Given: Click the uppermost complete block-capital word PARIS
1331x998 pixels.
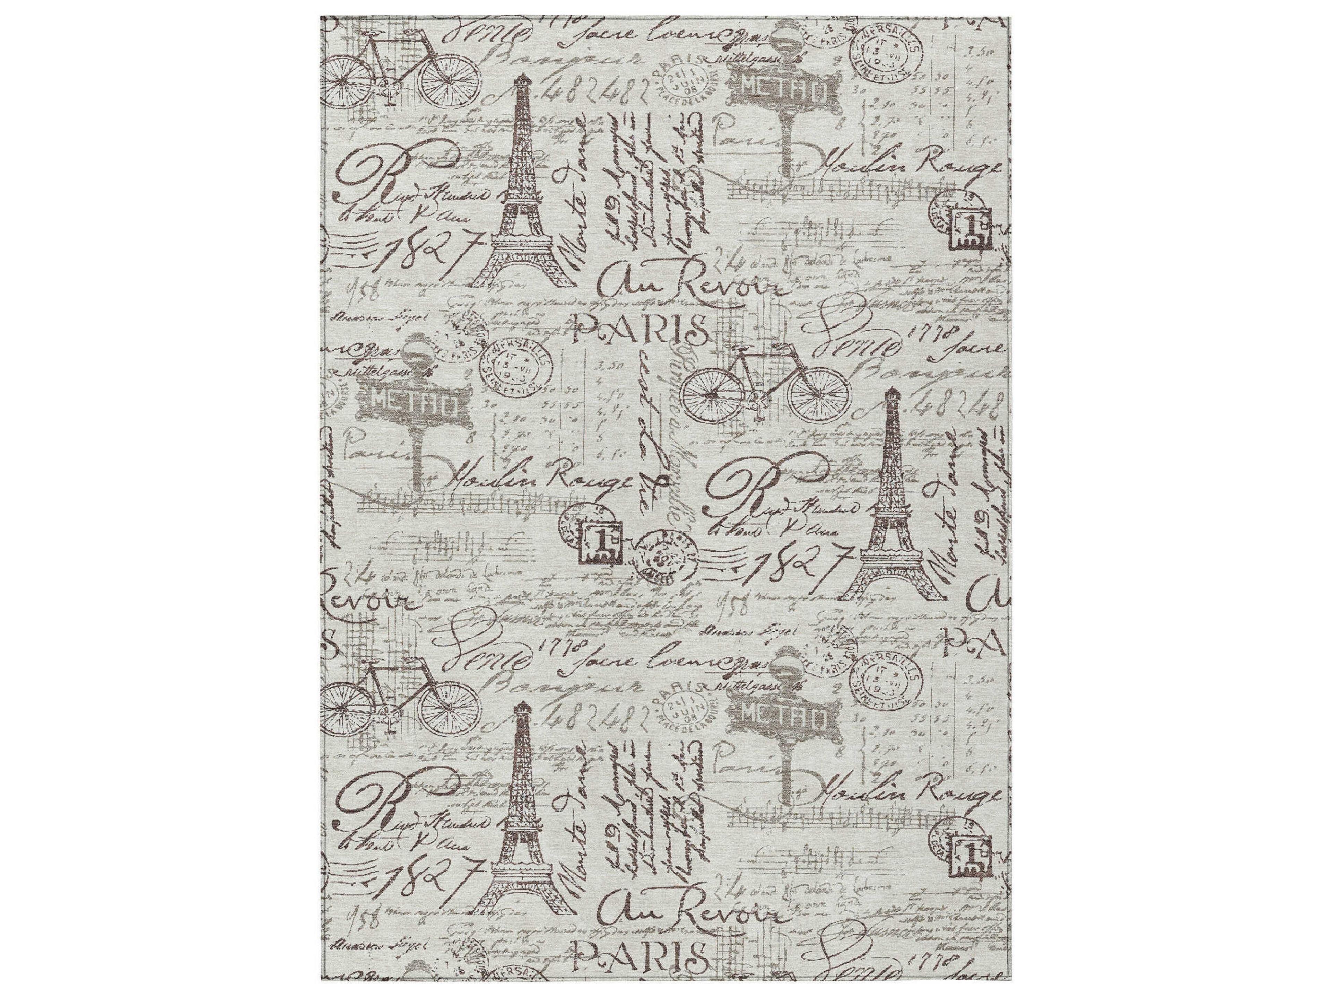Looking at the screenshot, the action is coord(639,330).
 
